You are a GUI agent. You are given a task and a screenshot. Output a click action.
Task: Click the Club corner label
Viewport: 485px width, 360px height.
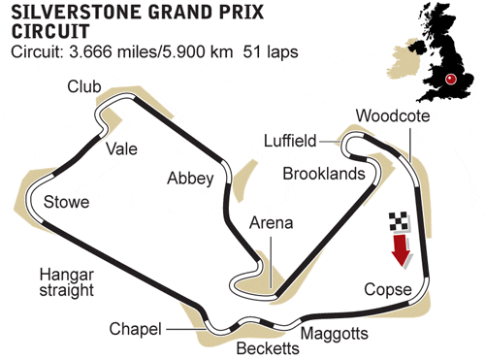[84, 86]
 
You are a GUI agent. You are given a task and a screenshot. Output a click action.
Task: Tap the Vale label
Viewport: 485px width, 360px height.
[122, 149]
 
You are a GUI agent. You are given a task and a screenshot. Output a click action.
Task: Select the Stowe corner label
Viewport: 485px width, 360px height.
[66, 202]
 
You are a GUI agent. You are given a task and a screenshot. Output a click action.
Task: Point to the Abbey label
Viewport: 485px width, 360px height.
[190, 179]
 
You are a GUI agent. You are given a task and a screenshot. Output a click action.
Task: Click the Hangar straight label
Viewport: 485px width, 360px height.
[67, 282]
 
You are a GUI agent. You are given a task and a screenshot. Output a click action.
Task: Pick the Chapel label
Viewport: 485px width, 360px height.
[135, 329]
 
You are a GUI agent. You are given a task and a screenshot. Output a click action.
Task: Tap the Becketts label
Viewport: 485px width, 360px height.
[268, 348]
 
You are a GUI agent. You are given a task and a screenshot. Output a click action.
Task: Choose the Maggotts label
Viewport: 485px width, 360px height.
[335, 334]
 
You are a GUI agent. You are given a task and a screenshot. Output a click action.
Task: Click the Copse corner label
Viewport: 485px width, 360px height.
[388, 290]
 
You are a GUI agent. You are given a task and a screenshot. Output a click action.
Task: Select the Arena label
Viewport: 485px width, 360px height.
[272, 223]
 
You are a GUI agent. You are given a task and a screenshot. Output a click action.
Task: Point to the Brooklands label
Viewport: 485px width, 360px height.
[324, 174]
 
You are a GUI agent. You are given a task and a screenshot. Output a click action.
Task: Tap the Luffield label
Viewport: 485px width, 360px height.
[290, 141]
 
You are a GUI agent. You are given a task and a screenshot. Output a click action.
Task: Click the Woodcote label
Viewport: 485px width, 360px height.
[393, 115]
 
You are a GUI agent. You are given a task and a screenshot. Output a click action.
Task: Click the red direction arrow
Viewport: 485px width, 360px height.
[401, 250]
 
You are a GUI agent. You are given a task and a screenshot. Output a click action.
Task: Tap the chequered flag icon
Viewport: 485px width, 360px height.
[399, 222]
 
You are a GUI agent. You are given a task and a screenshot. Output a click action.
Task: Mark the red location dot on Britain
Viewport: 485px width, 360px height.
[450, 79]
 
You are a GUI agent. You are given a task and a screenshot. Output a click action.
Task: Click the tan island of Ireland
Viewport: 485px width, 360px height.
[404, 59]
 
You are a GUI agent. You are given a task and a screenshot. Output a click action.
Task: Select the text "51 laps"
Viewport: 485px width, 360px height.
[271, 51]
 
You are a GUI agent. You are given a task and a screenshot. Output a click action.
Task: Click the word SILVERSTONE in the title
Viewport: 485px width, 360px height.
[77, 13]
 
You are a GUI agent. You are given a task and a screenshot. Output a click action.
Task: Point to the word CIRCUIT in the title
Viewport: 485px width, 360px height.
[50, 31]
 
